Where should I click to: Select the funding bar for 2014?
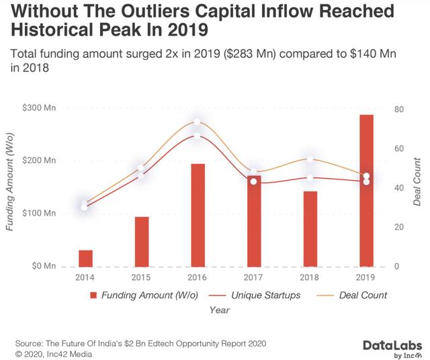(x=85, y=258)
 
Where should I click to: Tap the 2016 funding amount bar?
(x=197, y=215)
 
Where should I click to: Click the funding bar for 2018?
(x=310, y=228)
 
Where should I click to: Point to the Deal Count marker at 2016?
(x=197, y=123)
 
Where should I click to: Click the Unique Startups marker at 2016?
(x=197, y=136)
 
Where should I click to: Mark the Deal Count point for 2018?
(x=310, y=160)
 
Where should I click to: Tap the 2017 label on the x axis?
(x=253, y=277)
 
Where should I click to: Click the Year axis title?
(x=220, y=310)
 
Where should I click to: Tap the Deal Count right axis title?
(x=417, y=181)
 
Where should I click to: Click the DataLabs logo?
(x=380, y=347)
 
